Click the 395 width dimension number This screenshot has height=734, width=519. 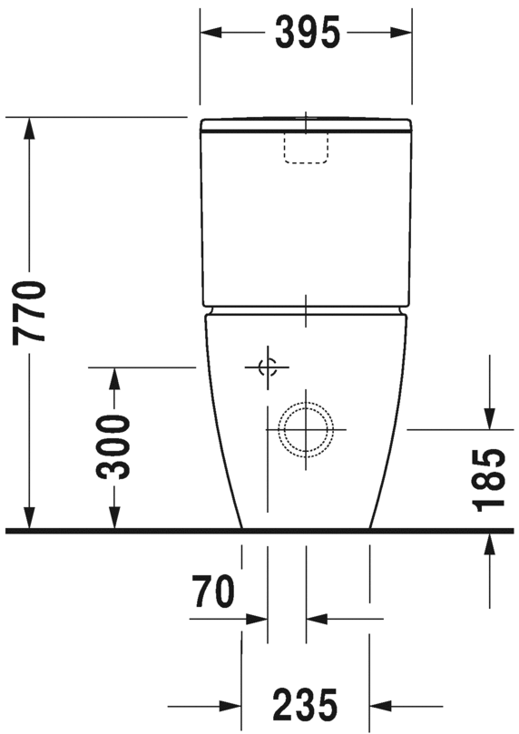click(x=307, y=33)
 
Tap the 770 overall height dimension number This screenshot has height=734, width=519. click(x=29, y=313)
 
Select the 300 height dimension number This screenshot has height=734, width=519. click(x=113, y=447)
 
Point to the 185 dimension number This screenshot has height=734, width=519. click(x=489, y=480)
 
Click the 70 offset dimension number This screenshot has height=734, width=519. click(x=213, y=592)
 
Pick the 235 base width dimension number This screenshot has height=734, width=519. click(x=305, y=703)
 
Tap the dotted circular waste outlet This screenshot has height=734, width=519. click(x=306, y=429)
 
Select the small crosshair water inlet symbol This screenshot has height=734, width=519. click(x=268, y=367)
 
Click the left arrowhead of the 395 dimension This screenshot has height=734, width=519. click(x=211, y=33)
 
